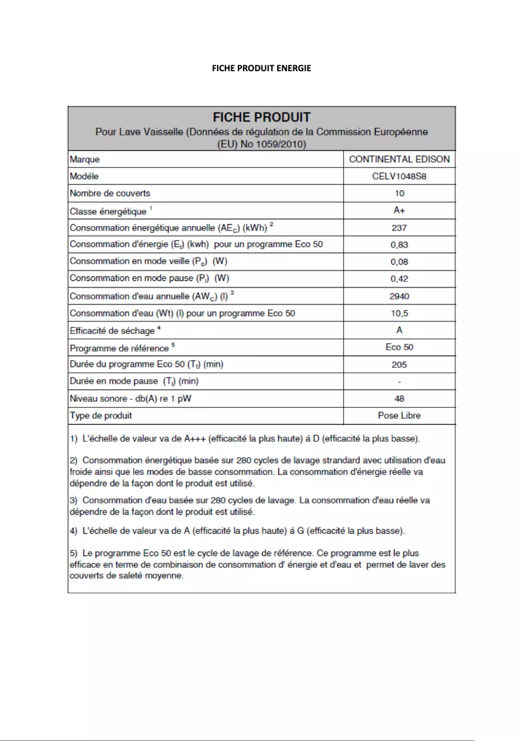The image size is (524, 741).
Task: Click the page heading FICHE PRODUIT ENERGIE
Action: point(261,68)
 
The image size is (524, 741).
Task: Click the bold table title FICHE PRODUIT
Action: point(261,118)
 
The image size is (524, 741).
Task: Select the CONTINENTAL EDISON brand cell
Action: point(399,159)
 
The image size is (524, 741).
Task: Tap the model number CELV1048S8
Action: point(399,176)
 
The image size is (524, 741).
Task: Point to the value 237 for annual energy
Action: point(399,228)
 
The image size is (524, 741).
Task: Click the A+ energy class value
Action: point(399,210)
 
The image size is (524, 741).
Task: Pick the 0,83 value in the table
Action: point(399,245)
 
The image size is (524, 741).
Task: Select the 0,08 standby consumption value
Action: point(399,262)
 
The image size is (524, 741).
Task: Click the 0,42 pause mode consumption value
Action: point(399,279)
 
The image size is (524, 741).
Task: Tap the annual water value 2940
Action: point(399,296)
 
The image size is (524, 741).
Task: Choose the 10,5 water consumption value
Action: point(399,313)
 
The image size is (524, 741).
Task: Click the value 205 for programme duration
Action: point(399,365)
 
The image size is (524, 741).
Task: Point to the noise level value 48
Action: point(399,399)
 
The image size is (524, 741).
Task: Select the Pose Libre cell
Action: point(399,416)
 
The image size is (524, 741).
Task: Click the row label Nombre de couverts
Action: point(110,193)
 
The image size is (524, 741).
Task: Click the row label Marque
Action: point(85,159)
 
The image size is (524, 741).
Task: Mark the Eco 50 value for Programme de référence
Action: point(399,347)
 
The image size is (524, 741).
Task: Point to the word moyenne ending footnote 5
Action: point(167,576)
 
